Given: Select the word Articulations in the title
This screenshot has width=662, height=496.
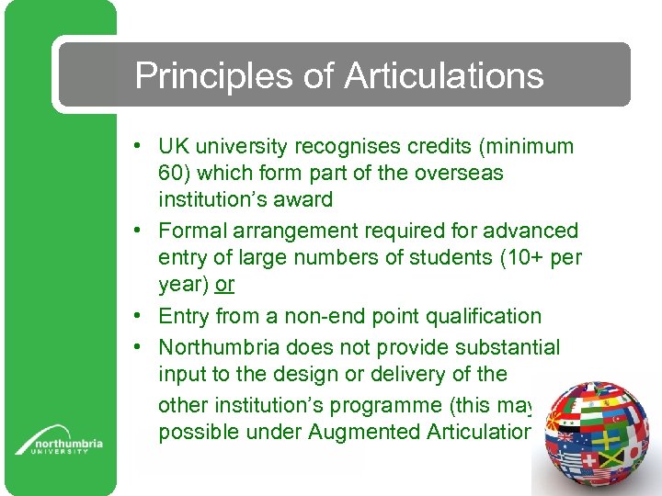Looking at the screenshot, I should point(443,76).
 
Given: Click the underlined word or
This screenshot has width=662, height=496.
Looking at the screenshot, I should point(224,286).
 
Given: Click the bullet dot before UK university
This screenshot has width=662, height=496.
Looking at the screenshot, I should point(135,147).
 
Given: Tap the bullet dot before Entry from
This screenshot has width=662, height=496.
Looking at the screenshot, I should point(135,317).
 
